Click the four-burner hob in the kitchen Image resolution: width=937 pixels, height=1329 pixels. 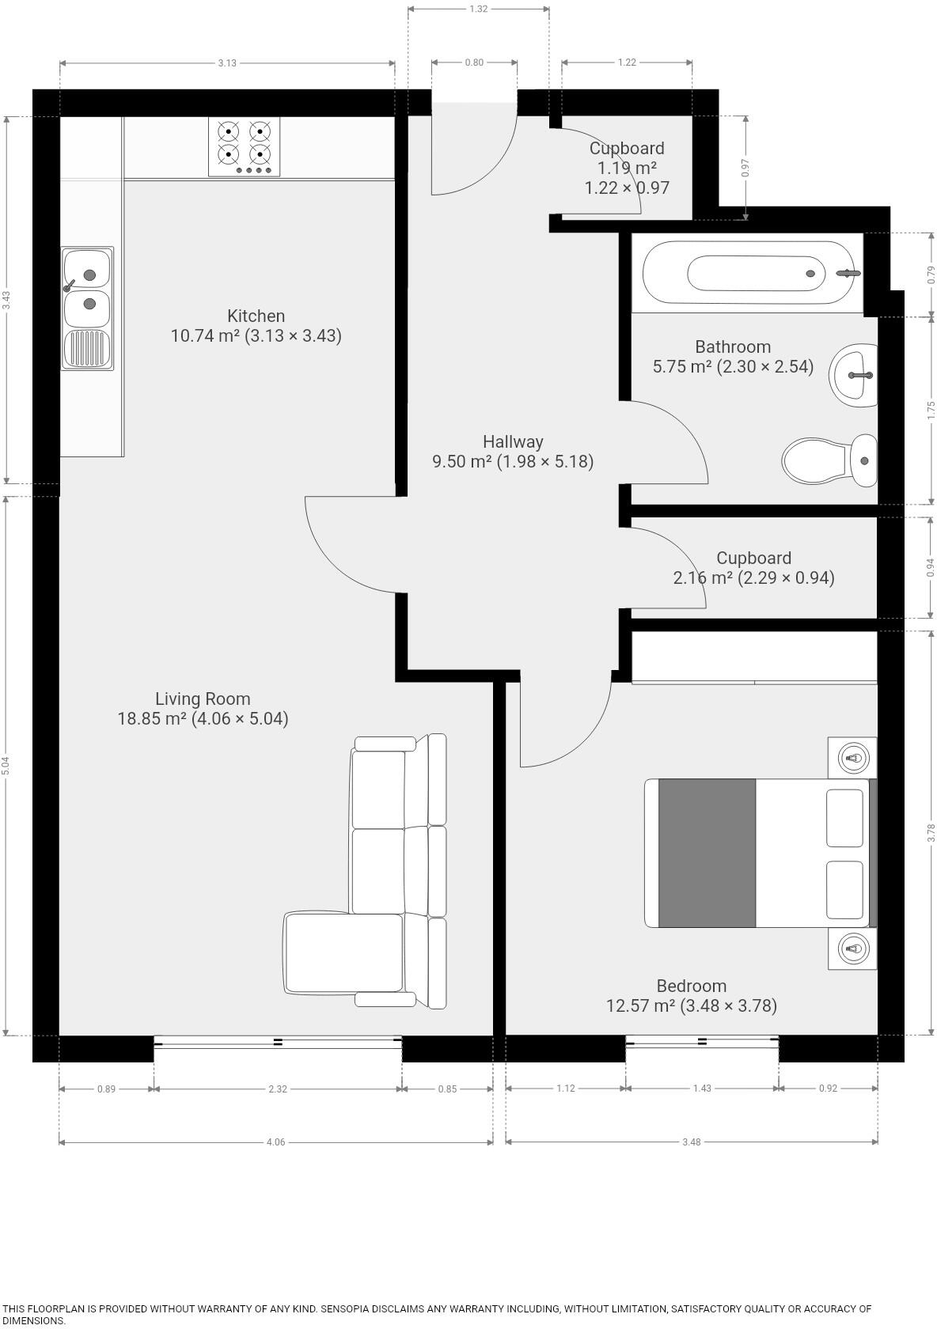coord(244,146)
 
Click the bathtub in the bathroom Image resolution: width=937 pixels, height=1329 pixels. coord(748,273)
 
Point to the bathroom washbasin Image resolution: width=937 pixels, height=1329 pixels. coord(855,375)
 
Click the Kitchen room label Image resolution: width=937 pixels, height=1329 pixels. coord(256,316)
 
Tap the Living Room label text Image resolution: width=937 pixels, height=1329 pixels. coord(203,699)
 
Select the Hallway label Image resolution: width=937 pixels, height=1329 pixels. coord(513,442)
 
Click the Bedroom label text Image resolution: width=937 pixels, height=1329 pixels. coord(691,986)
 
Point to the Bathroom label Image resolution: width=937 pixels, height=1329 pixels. coord(733,347)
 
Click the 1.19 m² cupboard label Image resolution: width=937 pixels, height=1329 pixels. coord(627,168)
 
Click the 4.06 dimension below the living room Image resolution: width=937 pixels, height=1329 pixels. coord(275,1142)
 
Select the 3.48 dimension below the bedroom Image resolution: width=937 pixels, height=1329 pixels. coord(691,1142)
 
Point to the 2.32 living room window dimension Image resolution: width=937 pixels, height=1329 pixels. coord(278,1089)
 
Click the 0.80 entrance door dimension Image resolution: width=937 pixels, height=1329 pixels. coord(474,62)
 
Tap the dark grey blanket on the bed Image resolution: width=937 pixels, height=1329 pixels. coord(707,853)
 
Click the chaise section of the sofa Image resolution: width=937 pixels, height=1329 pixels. coord(343,952)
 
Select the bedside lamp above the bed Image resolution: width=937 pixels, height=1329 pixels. coord(852,758)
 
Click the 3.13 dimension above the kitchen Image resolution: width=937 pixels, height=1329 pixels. coord(227,62)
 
